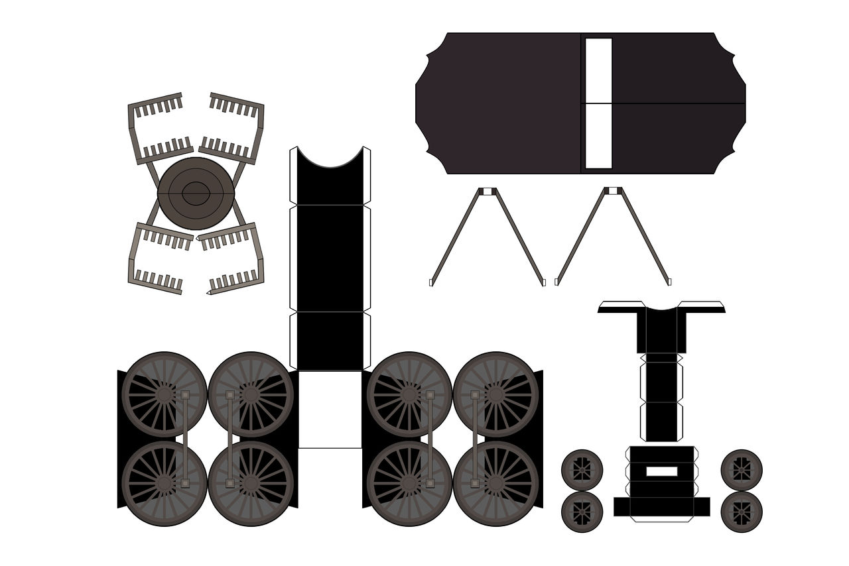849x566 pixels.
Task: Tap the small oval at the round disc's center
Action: click(x=196, y=194)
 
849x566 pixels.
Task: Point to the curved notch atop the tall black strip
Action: click(x=330, y=158)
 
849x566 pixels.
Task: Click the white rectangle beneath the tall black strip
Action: click(x=330, y=409)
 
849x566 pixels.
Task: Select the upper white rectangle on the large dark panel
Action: click(x=598, y=70)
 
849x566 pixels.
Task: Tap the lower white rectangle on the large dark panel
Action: click(x=598, y=136)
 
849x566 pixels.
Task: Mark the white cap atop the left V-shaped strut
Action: click(x=488, y=192)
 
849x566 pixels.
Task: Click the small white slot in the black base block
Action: click(x=662, y=471)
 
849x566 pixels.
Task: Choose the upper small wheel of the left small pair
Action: click(x=582, y=470)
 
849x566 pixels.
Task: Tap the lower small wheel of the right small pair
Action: click(x=742, y=512)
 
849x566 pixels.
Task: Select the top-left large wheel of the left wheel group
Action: click(x=164, y=394)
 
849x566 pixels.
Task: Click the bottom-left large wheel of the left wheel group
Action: click(x=164, y=483)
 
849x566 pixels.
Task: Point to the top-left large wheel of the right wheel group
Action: click(x=409, y=394)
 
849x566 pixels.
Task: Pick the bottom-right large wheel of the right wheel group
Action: click(x=496, y=483)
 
